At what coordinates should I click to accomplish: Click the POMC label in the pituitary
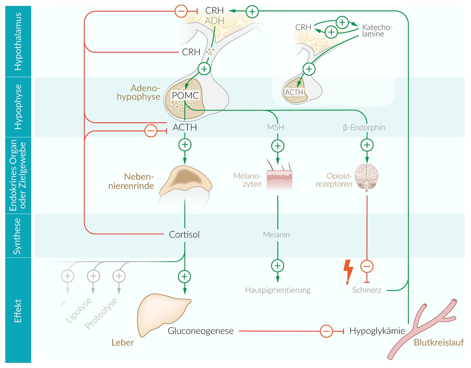pyautogui.click(x=185, y=95)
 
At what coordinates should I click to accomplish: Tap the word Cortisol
pyautogui.click(x=184, y=235)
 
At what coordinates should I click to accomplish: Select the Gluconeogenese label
pyautogui.click(x=200, y=331)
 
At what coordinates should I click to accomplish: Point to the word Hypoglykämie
pyautogui.click(x=377, y=331)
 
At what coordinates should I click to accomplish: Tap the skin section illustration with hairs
pyautogui.click(x=279, y=176)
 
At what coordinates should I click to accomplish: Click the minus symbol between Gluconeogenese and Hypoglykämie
pyautogui.click(x=326, y=331)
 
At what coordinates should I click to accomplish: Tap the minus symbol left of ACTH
pyautogui.click(x=151, y=131)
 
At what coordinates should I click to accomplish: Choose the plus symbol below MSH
pyautogui.click(x=278, y=146)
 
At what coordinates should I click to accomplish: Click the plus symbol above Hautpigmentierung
pyautogui.click(x=278, y=266)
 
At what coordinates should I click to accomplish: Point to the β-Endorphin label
pyautogui.click(x=364, y=127)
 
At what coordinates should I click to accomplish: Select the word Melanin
pyautogui.click(x=276, y=235)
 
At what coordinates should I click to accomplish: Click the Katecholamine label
pyautogui.click(x=377, y=31)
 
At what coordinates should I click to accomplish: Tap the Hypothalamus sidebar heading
pyautogui.click(x=18, y=41)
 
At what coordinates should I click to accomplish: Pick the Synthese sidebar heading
pyautogui.click(x=17, y=236)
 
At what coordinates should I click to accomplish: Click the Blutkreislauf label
pyautogui.click(x=439, y=343)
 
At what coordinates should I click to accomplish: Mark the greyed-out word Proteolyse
pyautogui.click(x=101, y=313)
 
